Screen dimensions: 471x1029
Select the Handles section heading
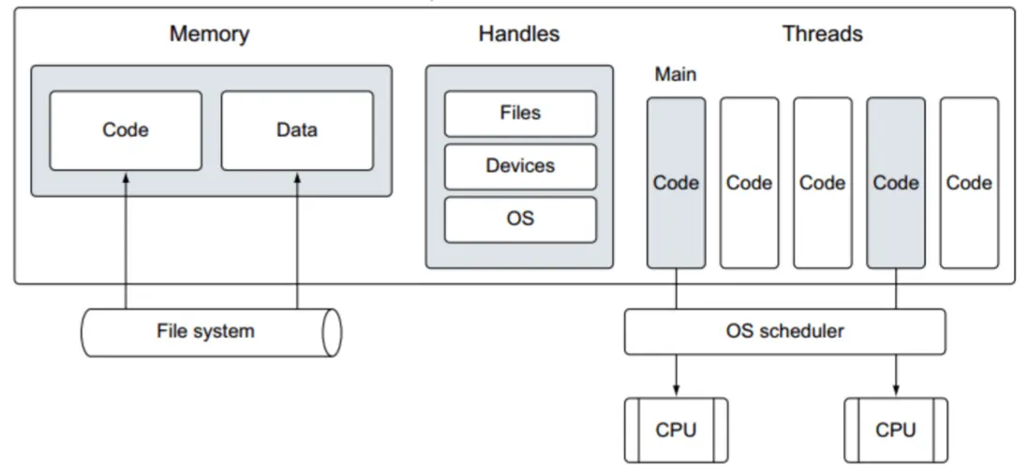(518, 35)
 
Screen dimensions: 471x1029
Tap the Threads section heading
(822, 35)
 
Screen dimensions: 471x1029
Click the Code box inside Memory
(126, 130)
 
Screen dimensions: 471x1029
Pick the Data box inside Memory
(296, 130)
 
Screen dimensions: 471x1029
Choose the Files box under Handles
(520, 114)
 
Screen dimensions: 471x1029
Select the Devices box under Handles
(520, 166)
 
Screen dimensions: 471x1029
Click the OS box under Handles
(520, 220)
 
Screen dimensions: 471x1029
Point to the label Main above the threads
(675, 74)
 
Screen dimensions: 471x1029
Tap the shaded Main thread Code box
(676, 182)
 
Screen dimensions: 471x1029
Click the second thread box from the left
(749, 182)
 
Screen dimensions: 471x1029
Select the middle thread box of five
(822, 182)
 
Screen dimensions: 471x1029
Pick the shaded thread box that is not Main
(896, 182)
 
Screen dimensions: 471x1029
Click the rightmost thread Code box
(969, 182)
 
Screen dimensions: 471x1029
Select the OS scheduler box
(784, 331)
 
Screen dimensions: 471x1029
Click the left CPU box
(676, 430)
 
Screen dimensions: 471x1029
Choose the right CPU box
(896, 430)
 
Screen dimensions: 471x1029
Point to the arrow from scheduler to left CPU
(676, 375)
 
